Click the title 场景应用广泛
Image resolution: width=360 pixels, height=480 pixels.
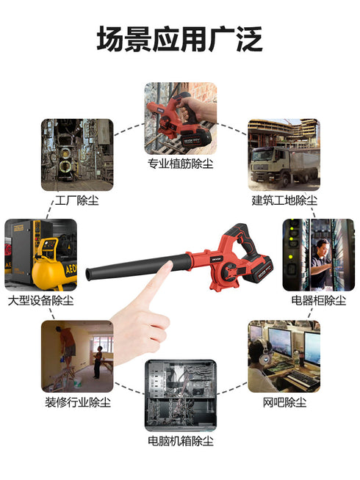180,39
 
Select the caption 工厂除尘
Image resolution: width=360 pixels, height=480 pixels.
76,200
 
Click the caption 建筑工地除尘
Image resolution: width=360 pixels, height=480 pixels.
284,200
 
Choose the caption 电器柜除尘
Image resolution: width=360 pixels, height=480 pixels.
319,300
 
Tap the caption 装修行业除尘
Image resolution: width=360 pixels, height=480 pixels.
77,402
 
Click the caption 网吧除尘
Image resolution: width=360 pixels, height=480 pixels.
284,402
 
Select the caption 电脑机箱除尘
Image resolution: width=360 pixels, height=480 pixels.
180,441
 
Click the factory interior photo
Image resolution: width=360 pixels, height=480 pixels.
77,155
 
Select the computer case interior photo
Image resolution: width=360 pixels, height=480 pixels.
180,395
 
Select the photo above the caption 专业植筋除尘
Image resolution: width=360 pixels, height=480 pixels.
180,117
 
